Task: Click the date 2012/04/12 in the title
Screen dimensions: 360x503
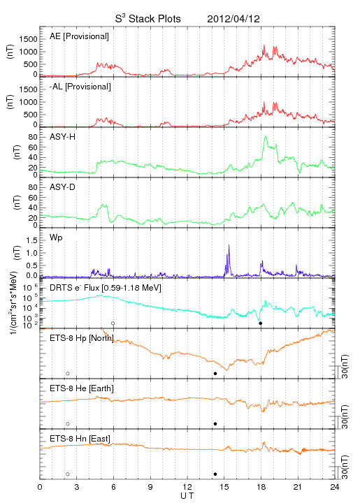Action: tap(233, 19)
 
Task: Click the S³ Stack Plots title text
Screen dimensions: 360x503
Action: tap(148, 19)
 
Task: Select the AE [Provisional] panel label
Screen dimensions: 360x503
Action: tap(79, 36)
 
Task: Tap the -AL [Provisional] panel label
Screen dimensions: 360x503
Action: tap(80, 87)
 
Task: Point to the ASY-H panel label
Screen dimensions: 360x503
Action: tap(63, 137)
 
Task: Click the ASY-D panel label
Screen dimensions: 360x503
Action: tap(63, 187)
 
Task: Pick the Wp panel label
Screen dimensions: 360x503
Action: tap(56, 238)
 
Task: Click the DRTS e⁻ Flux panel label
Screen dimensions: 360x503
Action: tap(106, 288)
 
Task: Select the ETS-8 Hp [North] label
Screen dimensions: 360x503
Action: tap(82, 338)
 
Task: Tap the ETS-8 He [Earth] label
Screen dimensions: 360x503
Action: tap(82, 388)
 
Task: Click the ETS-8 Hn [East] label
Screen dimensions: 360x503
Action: tap(80, 439)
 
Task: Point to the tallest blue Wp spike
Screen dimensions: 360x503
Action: tap(229, 245)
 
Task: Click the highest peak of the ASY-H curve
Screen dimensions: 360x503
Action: tap(265, 137)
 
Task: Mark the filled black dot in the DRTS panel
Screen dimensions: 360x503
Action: tap(261, 323)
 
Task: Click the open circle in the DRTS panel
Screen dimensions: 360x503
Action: tap(113, 323)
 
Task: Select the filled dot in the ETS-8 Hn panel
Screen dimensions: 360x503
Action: tap(215, 474)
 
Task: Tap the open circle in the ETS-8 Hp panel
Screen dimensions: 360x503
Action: tap(68, 373)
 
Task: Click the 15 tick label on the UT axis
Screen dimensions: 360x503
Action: tap(224, 487)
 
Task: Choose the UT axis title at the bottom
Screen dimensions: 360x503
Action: tap(187, 495)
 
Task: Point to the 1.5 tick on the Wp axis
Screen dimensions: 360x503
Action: tap(31, 240)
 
